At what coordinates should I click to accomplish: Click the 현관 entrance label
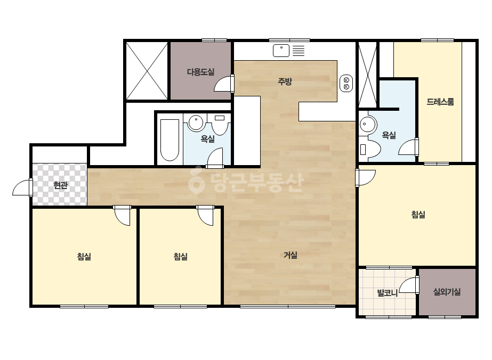click(60, 185)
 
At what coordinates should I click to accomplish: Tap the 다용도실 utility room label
click(200, 72)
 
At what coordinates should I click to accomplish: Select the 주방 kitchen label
click(285, 81)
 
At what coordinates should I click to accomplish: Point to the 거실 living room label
click(290, 255)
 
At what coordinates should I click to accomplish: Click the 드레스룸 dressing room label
click(440, 102)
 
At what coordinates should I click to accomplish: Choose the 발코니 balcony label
click(387, 293)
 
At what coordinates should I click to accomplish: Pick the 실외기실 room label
click(447, 292)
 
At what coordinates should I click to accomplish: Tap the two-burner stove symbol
click(346, 84)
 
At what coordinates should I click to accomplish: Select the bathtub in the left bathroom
click(170, 140)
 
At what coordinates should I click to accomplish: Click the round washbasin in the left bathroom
click(196, 122)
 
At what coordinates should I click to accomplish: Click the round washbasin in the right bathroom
click(367, 125)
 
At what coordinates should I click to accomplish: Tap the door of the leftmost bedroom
click(123, 215)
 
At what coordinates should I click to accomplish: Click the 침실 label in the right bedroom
click(418, 215)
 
